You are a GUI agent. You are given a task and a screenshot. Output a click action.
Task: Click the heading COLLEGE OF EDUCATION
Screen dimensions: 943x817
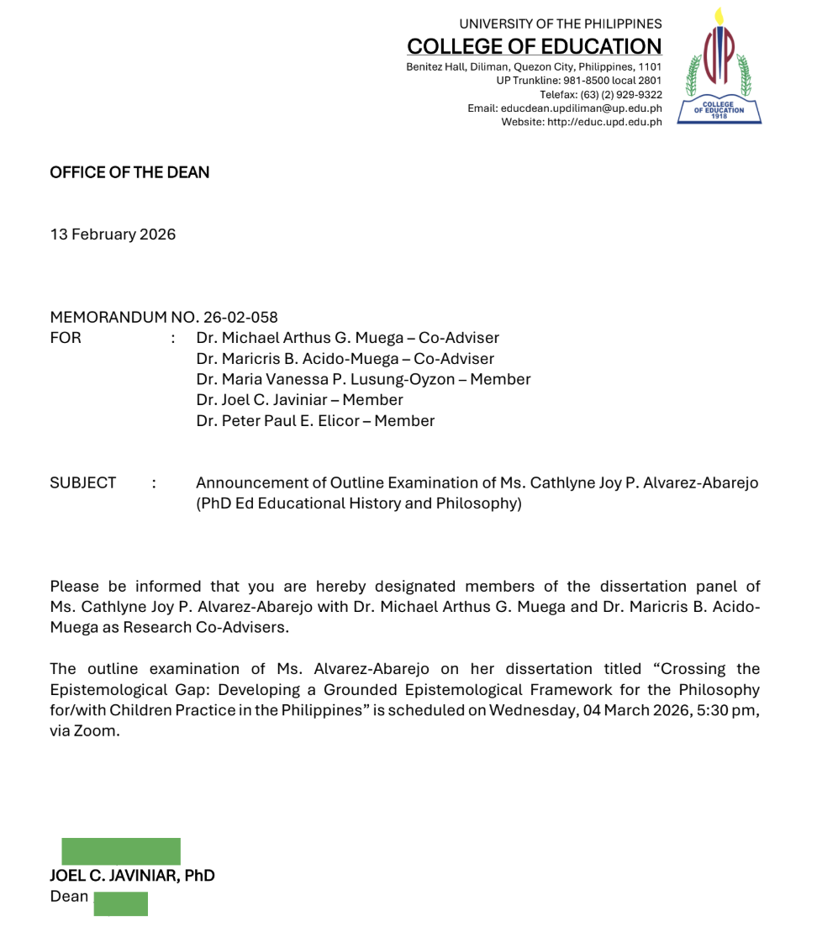coord(534,46)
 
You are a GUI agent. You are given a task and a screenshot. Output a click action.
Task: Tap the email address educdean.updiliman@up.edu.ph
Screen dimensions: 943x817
coord(581,108)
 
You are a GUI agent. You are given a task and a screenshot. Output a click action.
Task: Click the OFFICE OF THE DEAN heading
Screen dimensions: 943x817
coord(129,172)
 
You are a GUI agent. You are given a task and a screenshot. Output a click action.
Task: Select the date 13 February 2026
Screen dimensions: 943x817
coord(113,234)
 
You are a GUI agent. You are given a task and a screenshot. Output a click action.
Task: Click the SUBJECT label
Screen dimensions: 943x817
coord(83,482)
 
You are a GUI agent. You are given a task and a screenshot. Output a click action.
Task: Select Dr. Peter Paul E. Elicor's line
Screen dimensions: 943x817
coord(315,420)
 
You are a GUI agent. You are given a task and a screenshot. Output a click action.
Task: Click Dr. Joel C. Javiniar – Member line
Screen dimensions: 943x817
coord(299,400)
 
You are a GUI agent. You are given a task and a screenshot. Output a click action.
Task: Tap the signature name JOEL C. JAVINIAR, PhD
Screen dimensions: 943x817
coord(132,876)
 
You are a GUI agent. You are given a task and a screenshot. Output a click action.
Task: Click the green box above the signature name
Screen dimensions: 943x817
coord(121,851)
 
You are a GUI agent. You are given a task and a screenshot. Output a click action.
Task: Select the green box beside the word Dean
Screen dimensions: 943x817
coord(120,903)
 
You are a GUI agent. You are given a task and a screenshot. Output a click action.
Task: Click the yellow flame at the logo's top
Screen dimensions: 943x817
coord(719,16)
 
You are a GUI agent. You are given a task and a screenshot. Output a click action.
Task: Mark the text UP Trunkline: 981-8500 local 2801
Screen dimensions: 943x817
coord(578,80)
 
